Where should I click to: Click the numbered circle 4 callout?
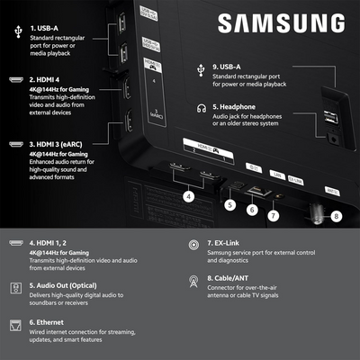pos(188,195)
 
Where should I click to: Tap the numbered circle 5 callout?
pos(229,204)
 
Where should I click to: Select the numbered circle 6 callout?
pos(253,209)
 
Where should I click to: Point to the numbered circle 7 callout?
pos(274,215)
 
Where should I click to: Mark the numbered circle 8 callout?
pos(336,215)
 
